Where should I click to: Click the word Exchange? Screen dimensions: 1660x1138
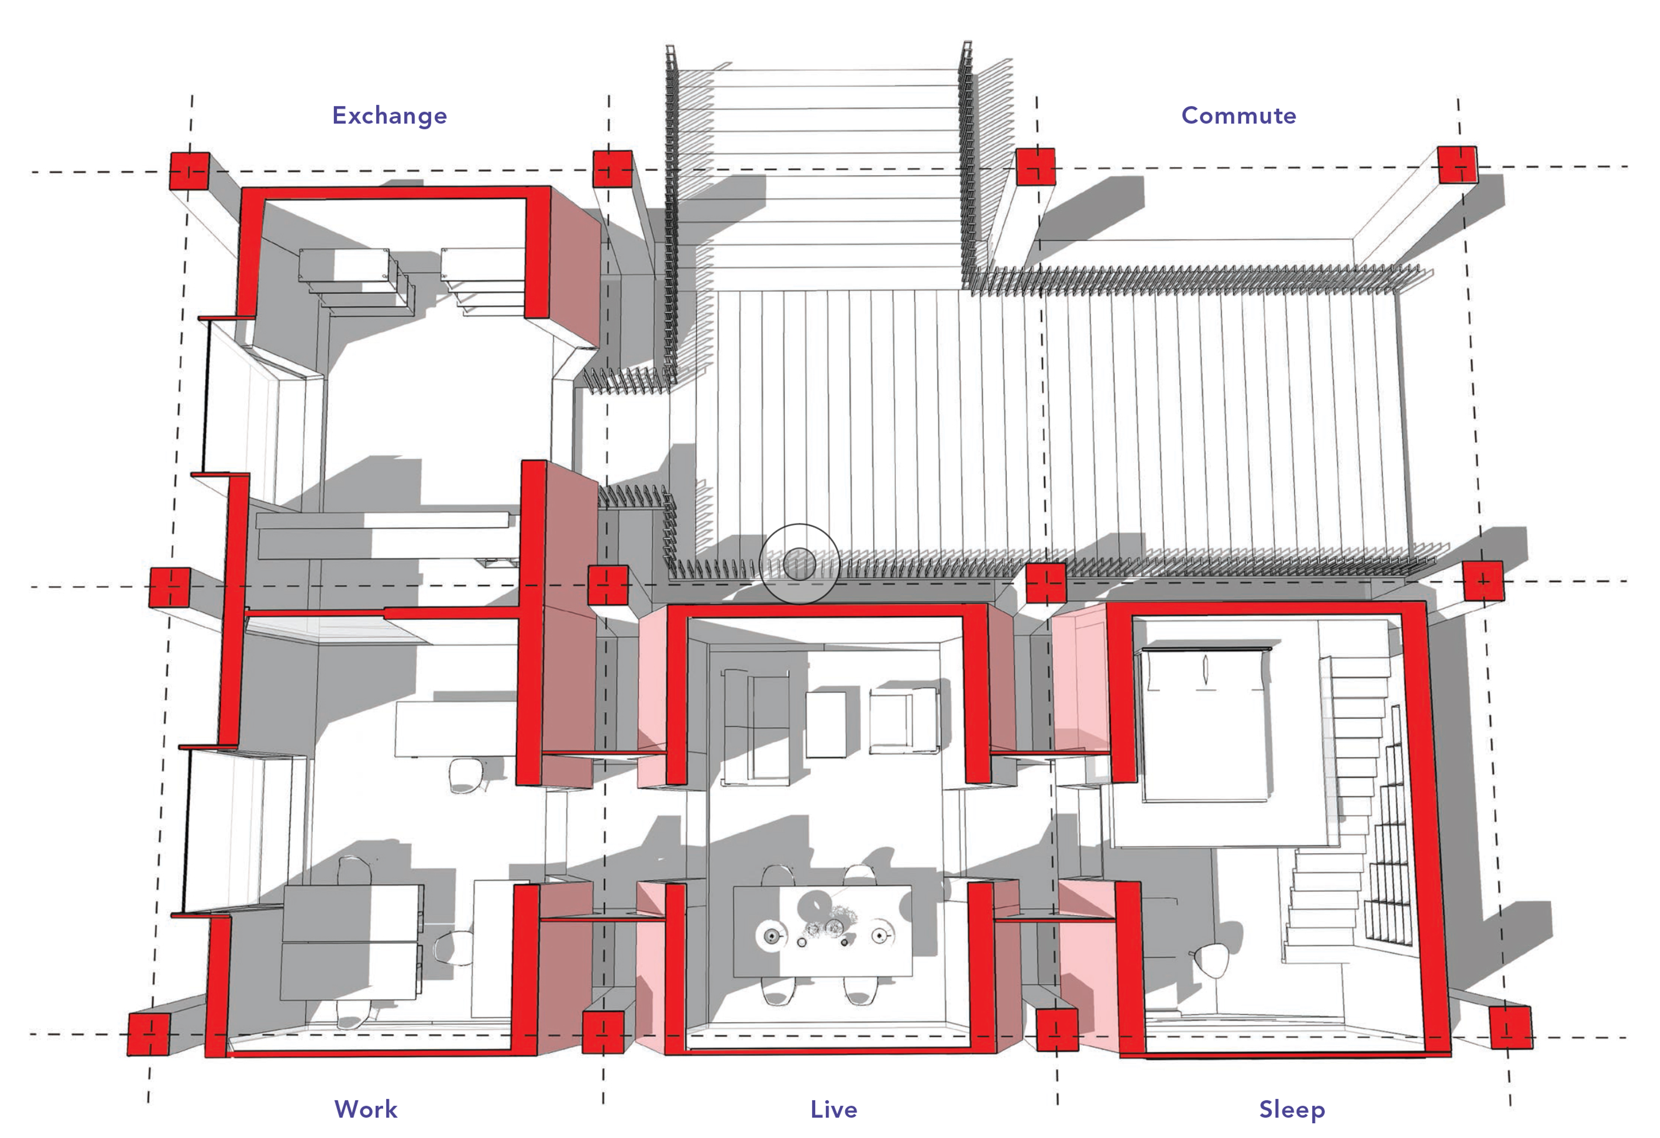coord(389,116)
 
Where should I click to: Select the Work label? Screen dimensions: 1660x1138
coord(366,1109)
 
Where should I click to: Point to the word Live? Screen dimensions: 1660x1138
coord(833,1109)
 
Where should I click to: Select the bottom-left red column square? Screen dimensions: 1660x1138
coord(149,1033)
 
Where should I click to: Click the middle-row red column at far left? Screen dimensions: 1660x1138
coord(170,587)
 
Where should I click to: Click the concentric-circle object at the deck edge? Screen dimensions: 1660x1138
coord(798,564)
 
